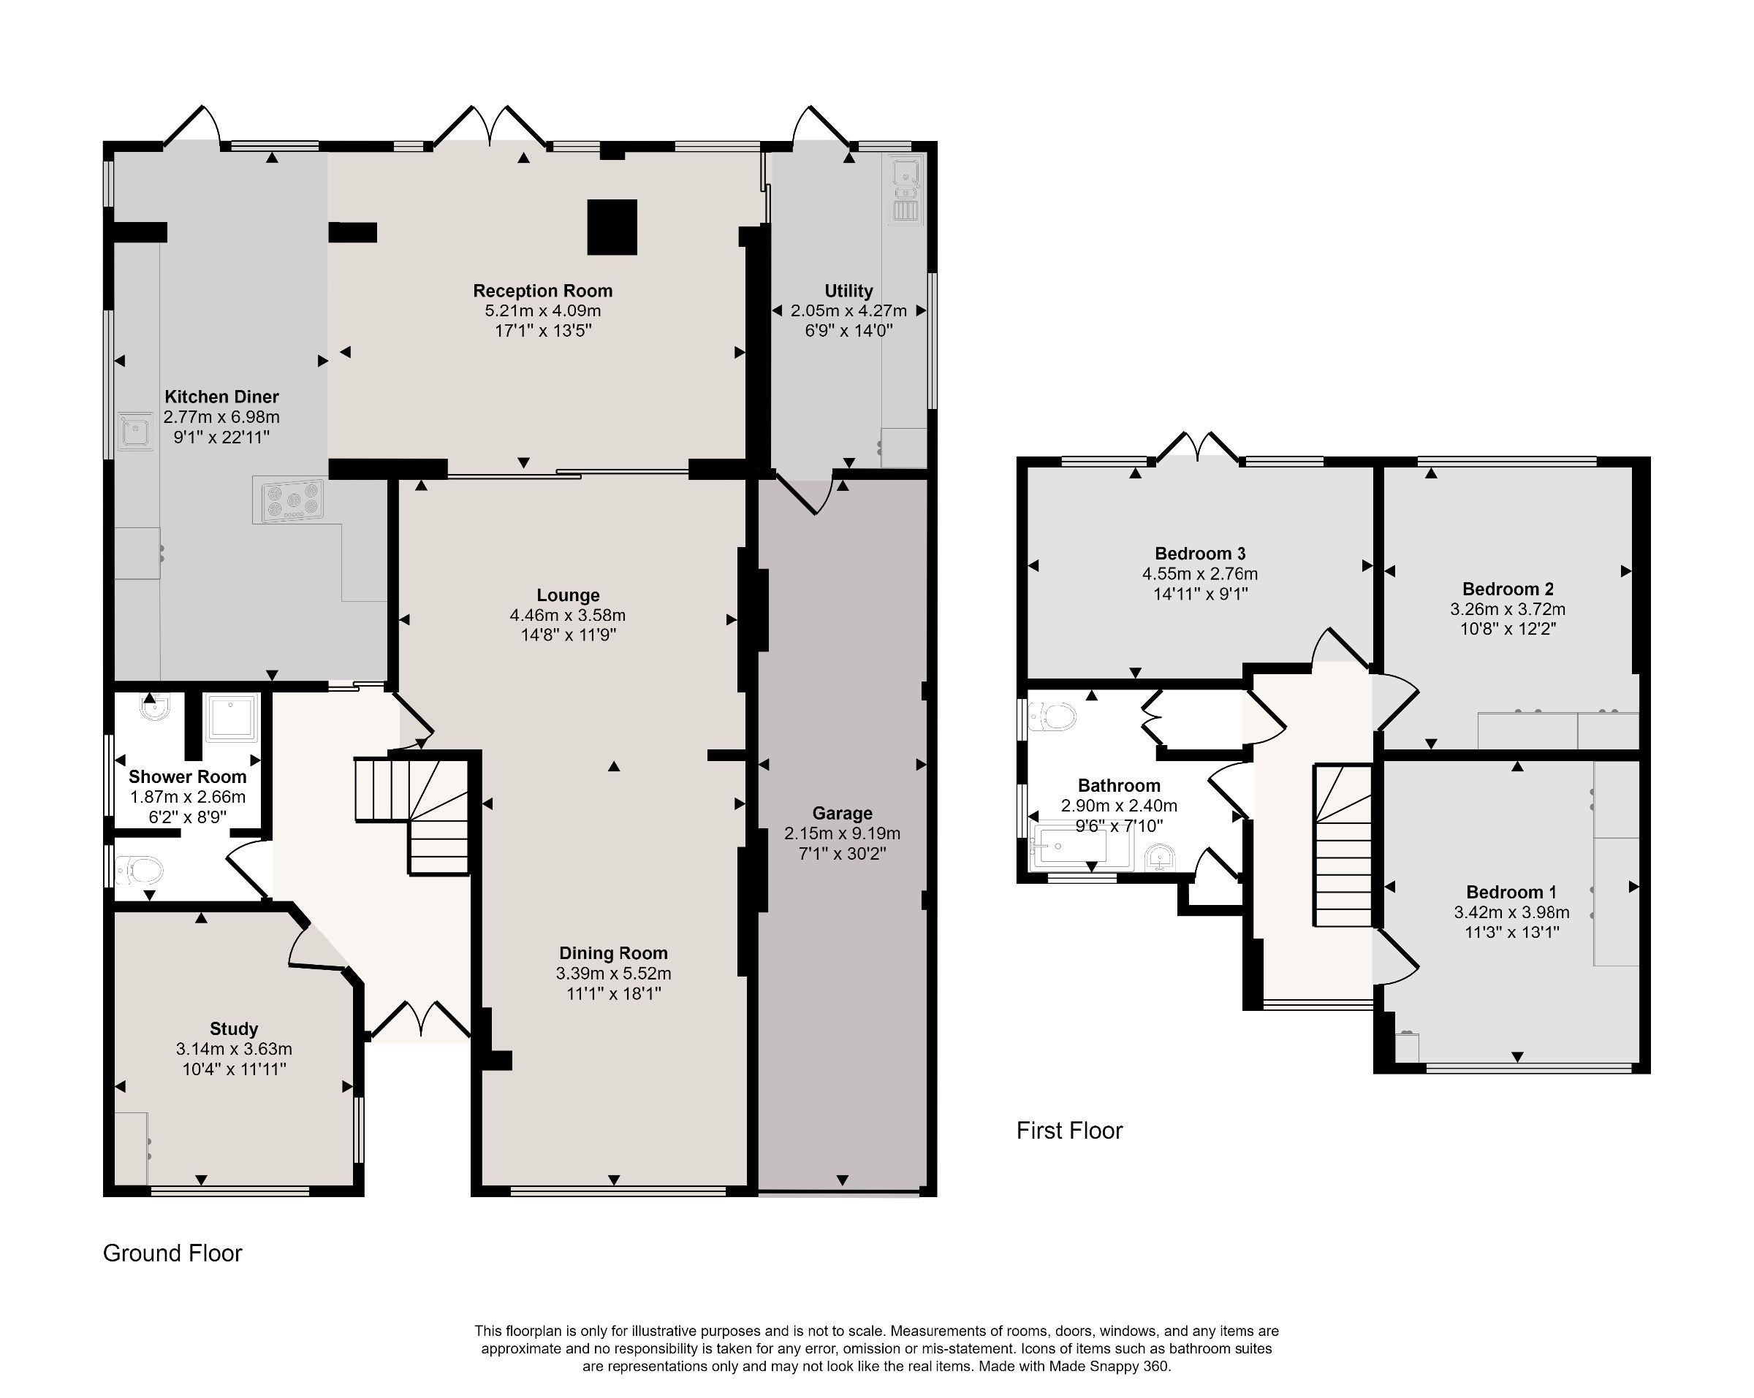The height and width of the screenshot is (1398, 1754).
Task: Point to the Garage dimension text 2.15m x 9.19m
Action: tap(842, 833)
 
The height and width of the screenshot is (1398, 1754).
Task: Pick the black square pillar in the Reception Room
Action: tap(612, 227)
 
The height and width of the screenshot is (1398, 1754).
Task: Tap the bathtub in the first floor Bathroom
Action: tap(1080, 846)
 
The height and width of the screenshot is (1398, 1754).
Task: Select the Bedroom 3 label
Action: tap(1200, 554)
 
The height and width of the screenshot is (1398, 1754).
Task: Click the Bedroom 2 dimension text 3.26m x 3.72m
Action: tap(1508, 609)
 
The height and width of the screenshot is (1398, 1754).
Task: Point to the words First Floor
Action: tap(1069, 1131)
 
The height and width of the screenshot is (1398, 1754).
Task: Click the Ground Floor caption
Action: tap(172, 1253)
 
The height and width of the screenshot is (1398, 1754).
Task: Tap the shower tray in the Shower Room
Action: tap(232, 717)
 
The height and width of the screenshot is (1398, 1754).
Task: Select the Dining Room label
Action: tap(613, 953)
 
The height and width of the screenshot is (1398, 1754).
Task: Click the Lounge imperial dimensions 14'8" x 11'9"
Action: tap(568, 635)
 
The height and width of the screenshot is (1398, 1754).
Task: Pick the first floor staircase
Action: tap(1343, 846)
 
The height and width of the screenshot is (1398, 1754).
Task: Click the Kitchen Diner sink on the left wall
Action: tap(136, 432)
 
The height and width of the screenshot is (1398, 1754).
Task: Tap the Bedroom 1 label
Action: tap(1511, 892)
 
